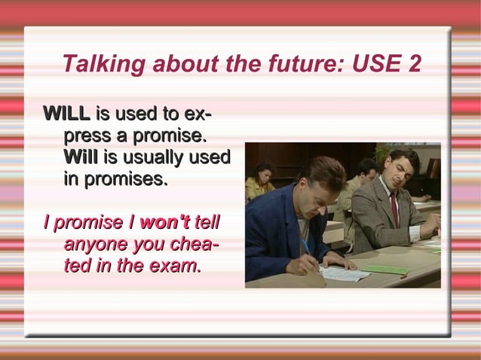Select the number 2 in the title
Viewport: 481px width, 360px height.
pos(413,65)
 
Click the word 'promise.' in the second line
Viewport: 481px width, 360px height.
pos(170,136)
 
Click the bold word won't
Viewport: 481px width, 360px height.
pos(165,223)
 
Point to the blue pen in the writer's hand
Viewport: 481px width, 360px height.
pos(305,246)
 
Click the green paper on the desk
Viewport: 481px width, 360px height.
pos(384,269)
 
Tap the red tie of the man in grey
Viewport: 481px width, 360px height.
pos(394,209)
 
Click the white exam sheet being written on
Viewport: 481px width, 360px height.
pos(344,273)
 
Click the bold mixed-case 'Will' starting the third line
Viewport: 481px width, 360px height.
pos(81,158)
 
